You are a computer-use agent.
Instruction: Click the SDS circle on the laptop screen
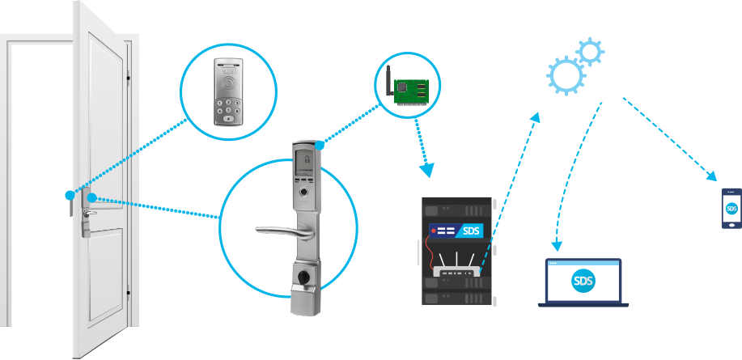pos(583,282)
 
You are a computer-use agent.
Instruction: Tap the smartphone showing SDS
pos(731,208)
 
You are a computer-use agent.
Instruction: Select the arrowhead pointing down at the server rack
pos(426,171)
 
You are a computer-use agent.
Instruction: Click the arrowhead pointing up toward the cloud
pos(536,118)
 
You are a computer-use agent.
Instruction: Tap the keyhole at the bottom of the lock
pos(304,279)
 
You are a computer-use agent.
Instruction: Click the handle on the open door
pos(87,214)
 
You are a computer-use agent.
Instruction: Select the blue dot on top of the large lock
pos(321,145)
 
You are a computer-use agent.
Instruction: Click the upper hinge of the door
pos(128,78)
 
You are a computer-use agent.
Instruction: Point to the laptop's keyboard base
pos(583,303)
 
